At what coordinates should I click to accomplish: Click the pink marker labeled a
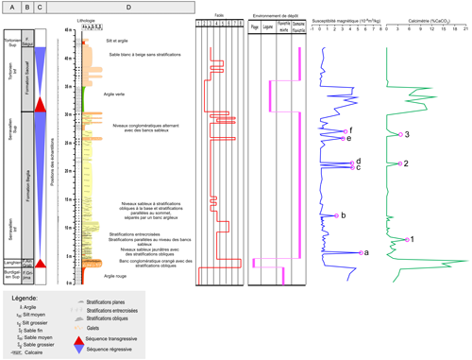click(359, 252)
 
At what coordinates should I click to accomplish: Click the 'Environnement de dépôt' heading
click(278, 16)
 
